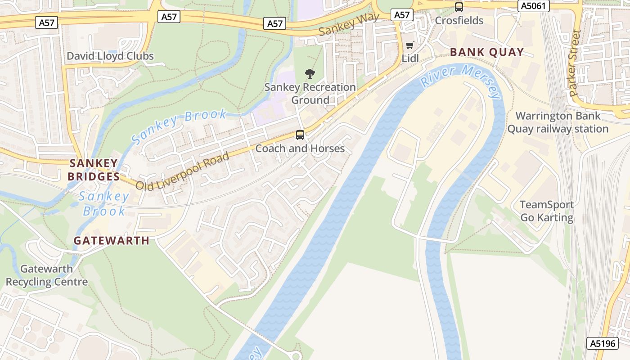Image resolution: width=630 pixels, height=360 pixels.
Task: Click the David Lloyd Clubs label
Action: pos(110,56)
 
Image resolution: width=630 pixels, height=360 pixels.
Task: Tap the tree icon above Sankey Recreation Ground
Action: pos(310,74)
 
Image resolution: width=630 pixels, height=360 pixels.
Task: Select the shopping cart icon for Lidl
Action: pos(409,45)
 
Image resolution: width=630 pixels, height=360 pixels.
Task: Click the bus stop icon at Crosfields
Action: pos(459,7)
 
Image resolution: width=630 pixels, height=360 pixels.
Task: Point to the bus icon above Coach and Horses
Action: pos(300,135)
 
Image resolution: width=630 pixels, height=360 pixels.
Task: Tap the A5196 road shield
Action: pos(603,343)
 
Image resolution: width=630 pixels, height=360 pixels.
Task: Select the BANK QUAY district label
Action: pos(487,52)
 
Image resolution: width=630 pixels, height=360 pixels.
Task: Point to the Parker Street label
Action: pos(575,63)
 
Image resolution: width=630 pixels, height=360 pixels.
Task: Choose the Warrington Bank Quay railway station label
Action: pos(558,122)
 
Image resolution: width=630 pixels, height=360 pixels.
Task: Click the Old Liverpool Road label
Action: pos(182,171)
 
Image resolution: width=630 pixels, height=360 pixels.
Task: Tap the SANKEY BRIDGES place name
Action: pos(94,170)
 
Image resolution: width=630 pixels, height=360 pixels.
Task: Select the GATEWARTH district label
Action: pos(112,241)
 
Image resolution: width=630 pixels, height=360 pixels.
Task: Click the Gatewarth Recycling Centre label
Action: pos(47,275)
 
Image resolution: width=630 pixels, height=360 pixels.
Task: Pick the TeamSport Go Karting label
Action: pos(547,211)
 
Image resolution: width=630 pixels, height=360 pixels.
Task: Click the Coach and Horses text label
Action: pos(300,148)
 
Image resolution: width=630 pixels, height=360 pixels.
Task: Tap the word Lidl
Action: pos(410,58)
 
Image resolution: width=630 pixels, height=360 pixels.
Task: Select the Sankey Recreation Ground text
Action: pos(310,94)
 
